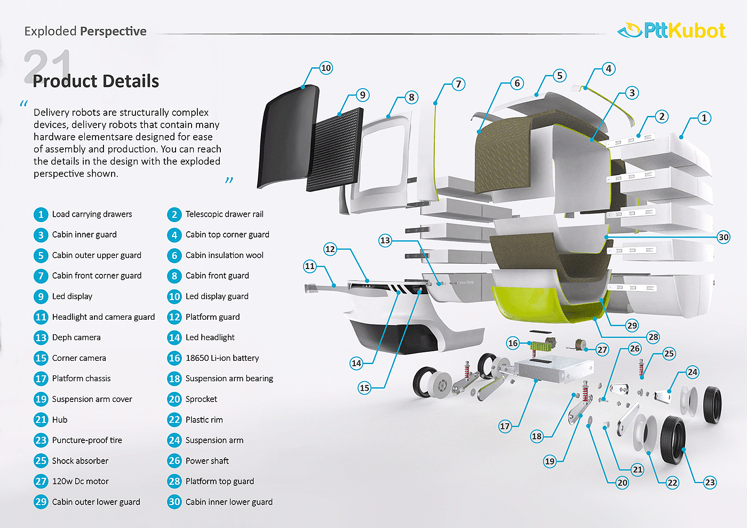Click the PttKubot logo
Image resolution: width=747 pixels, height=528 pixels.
click(x=672, y=31)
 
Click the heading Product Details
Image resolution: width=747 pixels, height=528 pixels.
click(x=96, y=81)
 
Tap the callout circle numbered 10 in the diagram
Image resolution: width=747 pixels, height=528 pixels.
click(x=326, y=68)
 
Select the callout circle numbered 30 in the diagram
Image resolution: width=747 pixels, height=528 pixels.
click(x=724, y=237)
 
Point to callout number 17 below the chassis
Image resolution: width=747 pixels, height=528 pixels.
click(x=505, y=426)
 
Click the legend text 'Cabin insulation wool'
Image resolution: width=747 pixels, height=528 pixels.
click(x=224, y=255)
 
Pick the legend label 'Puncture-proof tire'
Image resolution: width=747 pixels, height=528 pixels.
click(x=87, y=440)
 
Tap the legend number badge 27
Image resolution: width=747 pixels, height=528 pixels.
click(x=41, y=482)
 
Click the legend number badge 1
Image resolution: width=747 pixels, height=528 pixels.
click(x=41, y=215)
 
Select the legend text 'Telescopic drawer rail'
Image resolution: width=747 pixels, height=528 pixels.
click(x=224, y=214)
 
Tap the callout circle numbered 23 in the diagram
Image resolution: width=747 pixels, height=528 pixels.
click(x=710, y=483)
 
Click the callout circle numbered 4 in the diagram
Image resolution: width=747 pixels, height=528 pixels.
click(x=609, y=69)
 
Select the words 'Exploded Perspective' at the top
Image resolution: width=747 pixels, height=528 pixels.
click(x=85, y=31)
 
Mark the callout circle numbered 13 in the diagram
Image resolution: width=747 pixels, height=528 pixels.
click(x=385, y=240)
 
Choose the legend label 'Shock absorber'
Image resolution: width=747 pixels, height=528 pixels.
click(x=80, y=461)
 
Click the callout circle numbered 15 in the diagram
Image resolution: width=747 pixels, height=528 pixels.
click(x=364, y=388)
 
